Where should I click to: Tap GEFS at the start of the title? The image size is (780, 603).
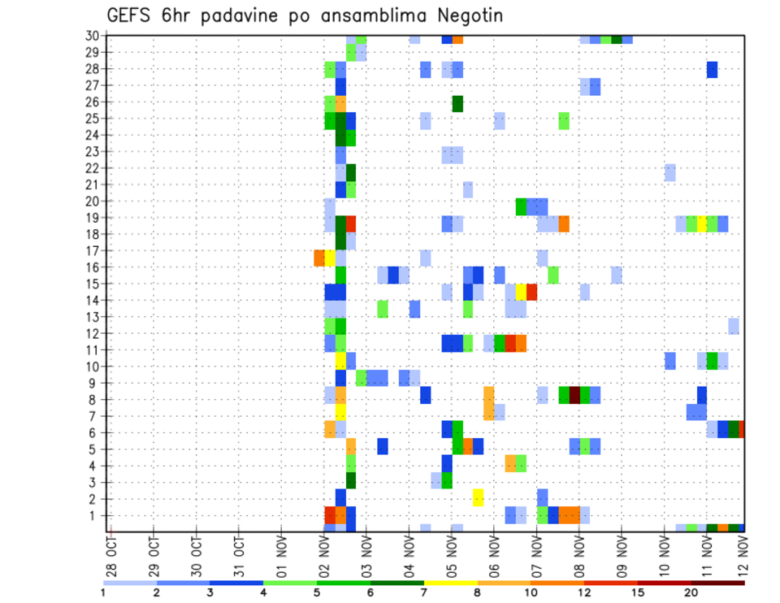coord(128,15)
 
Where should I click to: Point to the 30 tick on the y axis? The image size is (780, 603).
coord(92,36)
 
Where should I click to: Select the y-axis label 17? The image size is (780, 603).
coord(92,250)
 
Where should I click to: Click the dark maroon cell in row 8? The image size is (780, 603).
coord(574,395)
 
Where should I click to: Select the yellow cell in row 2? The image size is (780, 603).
coord(479,497)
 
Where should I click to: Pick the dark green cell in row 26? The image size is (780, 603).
coord(457,103)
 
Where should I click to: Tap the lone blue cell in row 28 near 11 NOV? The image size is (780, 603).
coord(713,70)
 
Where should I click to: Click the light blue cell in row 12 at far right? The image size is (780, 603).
coord(734,326)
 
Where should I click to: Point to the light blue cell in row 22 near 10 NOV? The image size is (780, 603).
coord(669,172)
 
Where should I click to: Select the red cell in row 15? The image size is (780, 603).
coord(532,292)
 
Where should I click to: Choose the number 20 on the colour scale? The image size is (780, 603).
coord(691,592)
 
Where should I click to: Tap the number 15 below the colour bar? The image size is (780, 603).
coord(639,592)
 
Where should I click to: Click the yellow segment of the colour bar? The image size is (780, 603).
coord(451,582)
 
